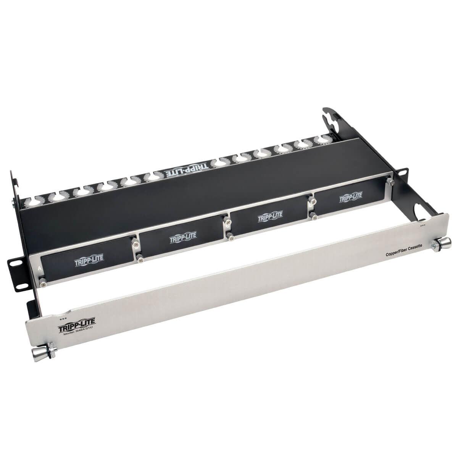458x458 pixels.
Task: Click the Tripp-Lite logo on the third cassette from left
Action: (x=270, y=216)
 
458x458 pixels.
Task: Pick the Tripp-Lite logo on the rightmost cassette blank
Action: (x=351, y=197)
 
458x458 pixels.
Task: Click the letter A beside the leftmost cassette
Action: (x=40, y=268)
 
